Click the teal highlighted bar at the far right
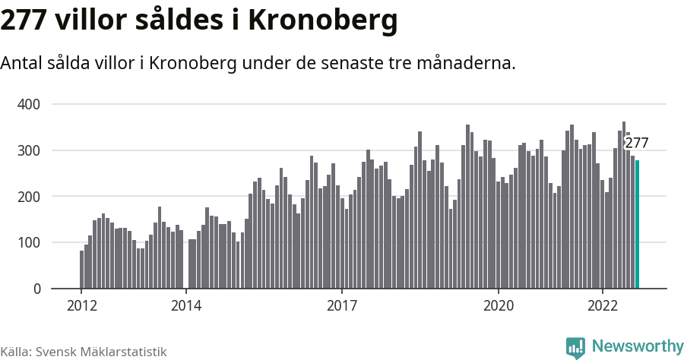(638, 225)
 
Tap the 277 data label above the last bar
(636, 143)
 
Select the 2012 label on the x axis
(81, 306)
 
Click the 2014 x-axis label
(185, 306)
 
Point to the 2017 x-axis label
(342, 306)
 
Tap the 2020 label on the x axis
(499, 306)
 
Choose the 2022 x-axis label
(603, 306)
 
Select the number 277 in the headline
(24, 21)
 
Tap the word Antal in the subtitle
(22, 63)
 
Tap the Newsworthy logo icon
(575, 347)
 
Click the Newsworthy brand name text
(637, 346)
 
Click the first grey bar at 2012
(82, 270)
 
